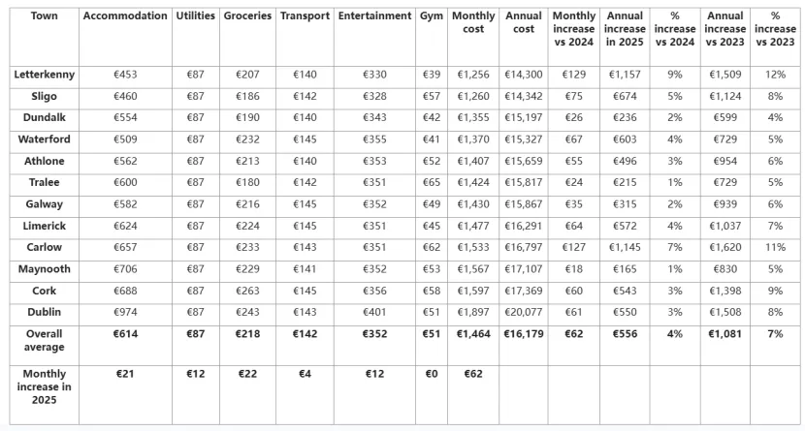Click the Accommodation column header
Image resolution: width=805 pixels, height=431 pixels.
pyautogui.click(x=125, y=15)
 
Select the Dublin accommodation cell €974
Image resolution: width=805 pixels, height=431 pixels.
pyautogui.click(x=125, y=312)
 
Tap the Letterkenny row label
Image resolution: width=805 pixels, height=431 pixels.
pyautogui.click(x=45, y=75)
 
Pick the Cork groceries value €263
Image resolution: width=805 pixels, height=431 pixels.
pyautogui.click(x=247, y=291)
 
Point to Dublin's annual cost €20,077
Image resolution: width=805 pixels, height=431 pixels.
pyautogui.click(x=523, y=312)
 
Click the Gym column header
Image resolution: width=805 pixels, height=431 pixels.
pyautogui.click(x=432, y=15)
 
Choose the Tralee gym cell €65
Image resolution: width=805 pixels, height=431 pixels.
pyautogui.click(x=432, y=182)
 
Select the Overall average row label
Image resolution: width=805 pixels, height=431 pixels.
pyautogui.click(x=45, y=340)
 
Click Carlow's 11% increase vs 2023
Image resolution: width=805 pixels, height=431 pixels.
pyautogui.click(x=775, y=247)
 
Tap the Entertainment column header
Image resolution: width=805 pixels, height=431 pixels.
pyautogui.click(x=374, y=15)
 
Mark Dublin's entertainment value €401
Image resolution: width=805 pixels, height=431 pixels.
pyautogui.click(x=374, y=312)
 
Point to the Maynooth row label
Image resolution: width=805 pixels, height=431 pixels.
pyautogui.click(x=45, y=269)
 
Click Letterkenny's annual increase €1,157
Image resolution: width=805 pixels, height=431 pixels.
pyautogui.click(x=625, y=75)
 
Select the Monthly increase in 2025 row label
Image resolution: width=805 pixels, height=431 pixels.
pyautogui.click(x=45, y=386)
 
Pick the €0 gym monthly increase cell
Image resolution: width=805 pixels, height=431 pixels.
pyautogui.click(x=432, y=374)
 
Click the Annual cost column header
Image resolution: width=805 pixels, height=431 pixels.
pyautogui.click(x=523, y=22)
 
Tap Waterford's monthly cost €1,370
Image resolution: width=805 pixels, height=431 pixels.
pyautogui.click(x=473, y=139)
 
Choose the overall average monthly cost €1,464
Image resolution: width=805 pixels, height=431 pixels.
pyautogui.click(x=473, y=334)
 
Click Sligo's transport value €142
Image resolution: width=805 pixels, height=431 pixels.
pyautogui.click(x=305, y=96)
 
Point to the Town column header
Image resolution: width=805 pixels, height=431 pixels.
pyautogui.click(x=45, y=15)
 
